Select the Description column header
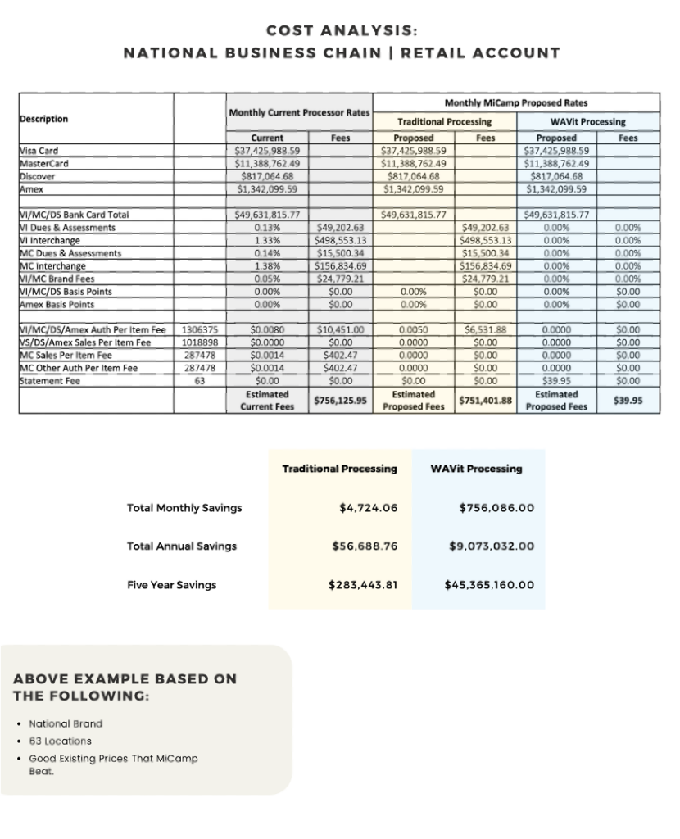pyautogui.click(x=43, y=119)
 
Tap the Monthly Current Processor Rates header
pyautogui.click(x=299, y=112)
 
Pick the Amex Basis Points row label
pyautogui.click(x=57, y=304)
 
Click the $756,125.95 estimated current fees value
pyautogui.click(x=341, y=401)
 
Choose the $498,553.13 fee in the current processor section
pyautogui.click(x=341, y=241)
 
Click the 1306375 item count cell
pyautogui.click(x=199, y=330)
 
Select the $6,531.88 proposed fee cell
pyautogui.click(x=487, y=330)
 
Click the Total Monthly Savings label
pyautogui.click(x=184, y=508)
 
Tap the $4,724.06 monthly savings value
pyautogui.click(x=368, y=508)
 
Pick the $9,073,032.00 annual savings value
pyautogui.click(x=492, y=546)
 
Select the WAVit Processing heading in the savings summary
pyautogui.click(x=476, y=469)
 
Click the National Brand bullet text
pyautogui.click(x=66, y=723)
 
